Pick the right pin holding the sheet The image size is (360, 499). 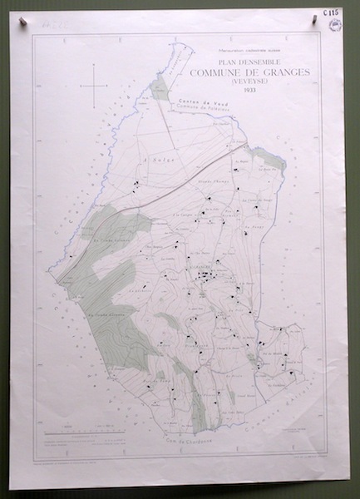point(315,14)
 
